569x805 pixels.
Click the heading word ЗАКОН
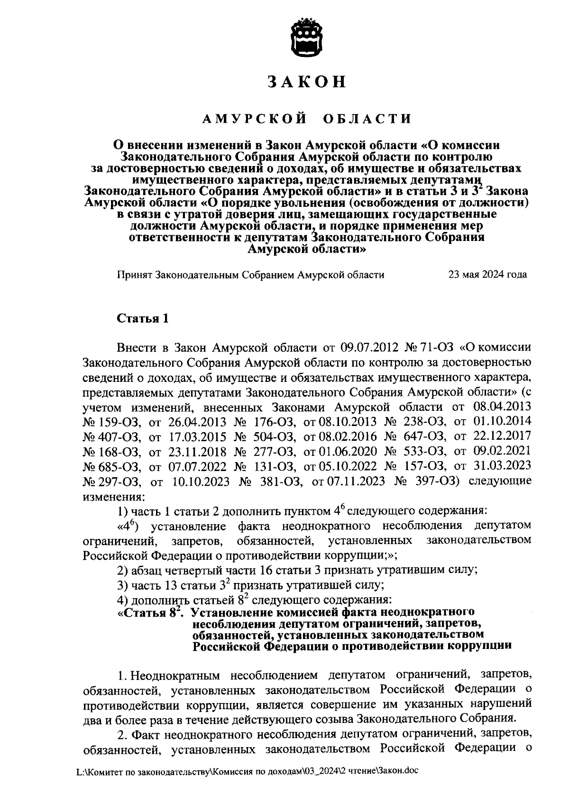click(x=307, y=82)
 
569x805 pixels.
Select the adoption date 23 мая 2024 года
click(x=487, y=275)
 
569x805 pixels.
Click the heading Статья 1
click(x=143, y=318)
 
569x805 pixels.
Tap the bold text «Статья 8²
click(x=150, y=612)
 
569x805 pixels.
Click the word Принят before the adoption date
click(x=134, y=275)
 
